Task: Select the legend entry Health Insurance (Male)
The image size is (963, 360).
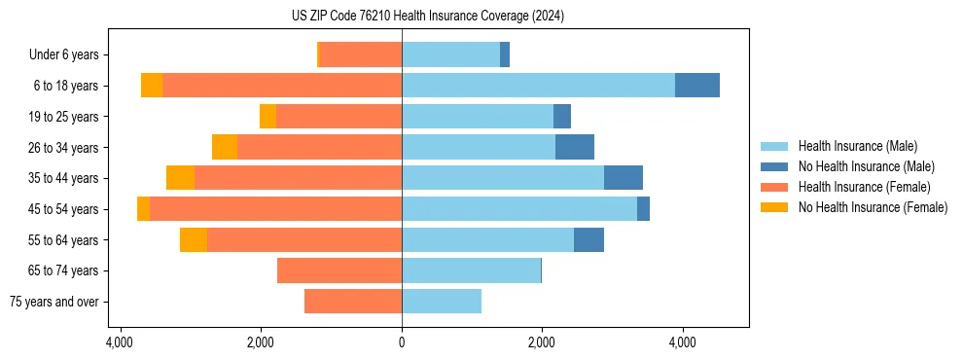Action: (x=857, y=146)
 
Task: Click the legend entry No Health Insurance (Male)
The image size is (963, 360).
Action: (x=866, y=166)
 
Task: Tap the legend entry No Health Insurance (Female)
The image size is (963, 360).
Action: (x=873, y=207)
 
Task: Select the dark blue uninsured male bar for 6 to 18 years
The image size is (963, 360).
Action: (x=697, y=86)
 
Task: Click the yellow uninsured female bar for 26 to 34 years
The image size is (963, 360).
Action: (x=225, y=147)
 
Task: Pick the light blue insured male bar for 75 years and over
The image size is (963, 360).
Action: (x=442, y=302)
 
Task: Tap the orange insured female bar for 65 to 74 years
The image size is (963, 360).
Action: (x=339, y=270)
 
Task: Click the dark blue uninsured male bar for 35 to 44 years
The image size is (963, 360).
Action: (x=624, y=178)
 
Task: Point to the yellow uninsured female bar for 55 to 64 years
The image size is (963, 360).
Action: (x=194, y=239)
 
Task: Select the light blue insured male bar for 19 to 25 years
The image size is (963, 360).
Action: (x=478, y=117)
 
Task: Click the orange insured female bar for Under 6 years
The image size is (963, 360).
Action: (x=361, y=55)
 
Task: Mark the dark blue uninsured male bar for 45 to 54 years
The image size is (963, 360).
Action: (x=643, y=209)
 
